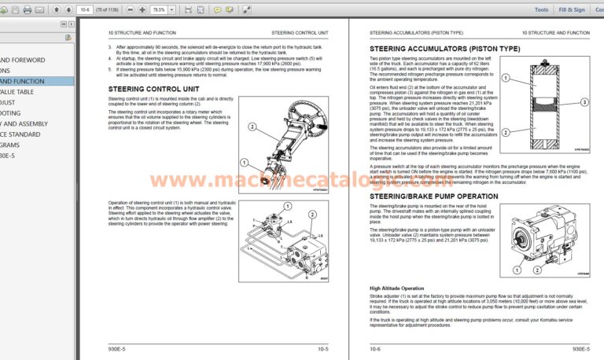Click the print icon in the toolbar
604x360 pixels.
click(x=28, y=10)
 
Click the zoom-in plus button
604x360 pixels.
click(x=142, y=10)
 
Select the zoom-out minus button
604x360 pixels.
click(x=129, y=10)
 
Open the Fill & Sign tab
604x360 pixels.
click(x=571, y=10)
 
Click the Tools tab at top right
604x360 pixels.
click(x=541, y=10)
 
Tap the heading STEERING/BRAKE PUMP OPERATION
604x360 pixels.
click(x=433, y=196)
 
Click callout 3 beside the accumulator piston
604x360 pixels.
click(x=584, y=102)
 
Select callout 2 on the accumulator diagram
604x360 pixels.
click(x=506, y=133)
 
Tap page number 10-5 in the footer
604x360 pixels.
click(x=322, y=347)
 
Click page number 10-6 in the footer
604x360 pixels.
click(x=377, y=347)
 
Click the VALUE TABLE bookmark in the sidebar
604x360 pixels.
click(x=17, y=92)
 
